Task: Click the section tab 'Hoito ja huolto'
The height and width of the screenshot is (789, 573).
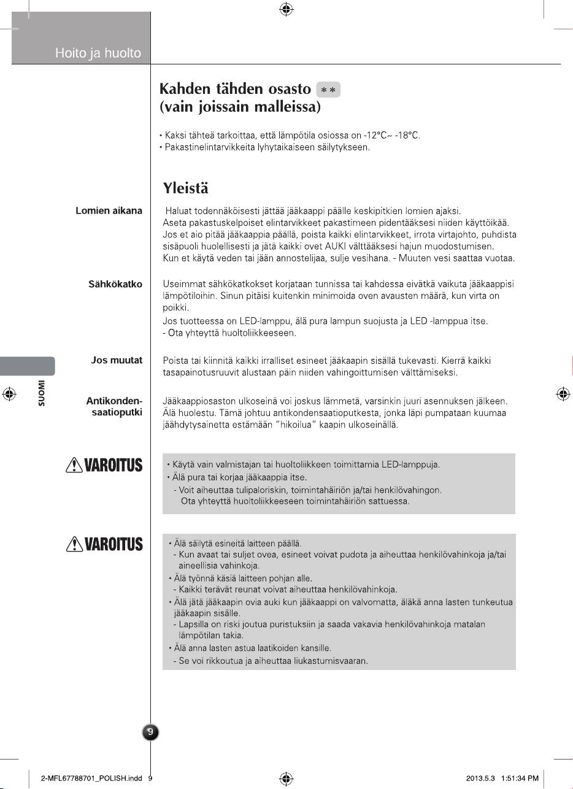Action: (x=98, y=53)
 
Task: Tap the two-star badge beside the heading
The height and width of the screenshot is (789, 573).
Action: (x=328, y=90)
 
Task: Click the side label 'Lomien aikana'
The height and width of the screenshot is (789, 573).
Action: (x=109, y=210)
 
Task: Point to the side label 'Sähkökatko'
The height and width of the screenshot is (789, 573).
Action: (x=115, y=284)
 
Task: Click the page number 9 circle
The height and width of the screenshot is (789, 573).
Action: (x=151, y=732)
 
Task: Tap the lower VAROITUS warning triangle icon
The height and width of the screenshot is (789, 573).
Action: (x=73, y=544)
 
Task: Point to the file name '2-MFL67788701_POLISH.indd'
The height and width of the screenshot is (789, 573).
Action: (x=91, y=779)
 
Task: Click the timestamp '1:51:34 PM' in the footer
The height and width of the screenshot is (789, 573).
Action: (x=520, y=779)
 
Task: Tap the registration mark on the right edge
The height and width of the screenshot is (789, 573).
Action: (x=563, y=394)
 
